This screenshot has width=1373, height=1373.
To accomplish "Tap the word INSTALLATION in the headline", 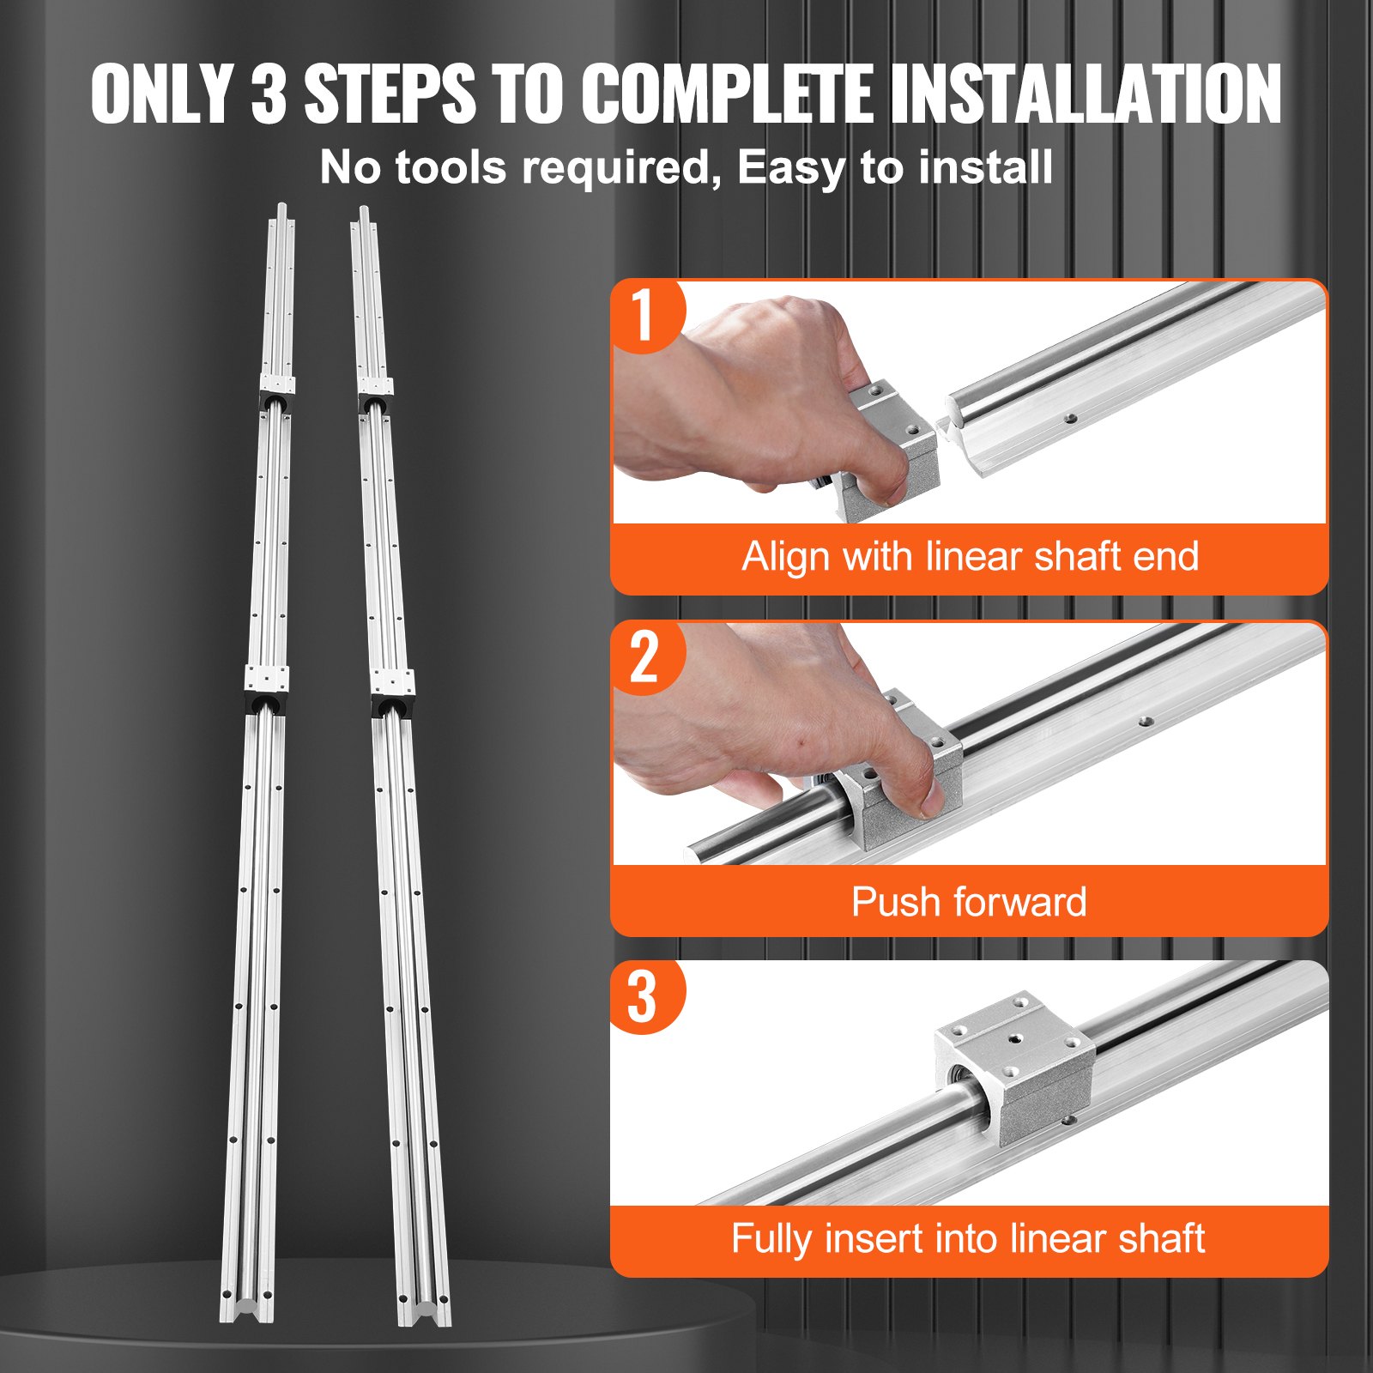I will point(1085,94).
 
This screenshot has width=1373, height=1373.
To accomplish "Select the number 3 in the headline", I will point(269,94).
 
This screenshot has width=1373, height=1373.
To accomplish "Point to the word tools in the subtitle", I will point(451,167).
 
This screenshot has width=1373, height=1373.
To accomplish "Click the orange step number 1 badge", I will point(644,315).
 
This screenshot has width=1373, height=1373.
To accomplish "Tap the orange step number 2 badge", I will point(644,657).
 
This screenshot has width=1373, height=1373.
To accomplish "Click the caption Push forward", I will point(968,902).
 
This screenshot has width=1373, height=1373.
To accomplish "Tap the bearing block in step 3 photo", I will point(1015,1065).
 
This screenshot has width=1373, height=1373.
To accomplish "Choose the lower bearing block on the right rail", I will point(394,691).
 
